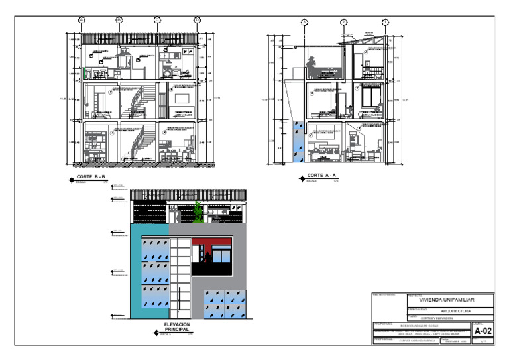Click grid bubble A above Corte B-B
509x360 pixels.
(x=82, y=21)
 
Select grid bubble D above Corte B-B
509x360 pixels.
(x=197, y=21)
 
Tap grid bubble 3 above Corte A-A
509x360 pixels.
(x=304, y=23)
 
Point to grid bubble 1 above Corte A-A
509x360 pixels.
(x=385, y=23)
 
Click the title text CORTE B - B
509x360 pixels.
(x=92, y=177)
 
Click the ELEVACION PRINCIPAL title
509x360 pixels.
(x=176, y=327)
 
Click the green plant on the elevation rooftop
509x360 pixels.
(x=198, y=213)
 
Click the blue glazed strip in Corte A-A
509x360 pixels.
(x=298, y=143)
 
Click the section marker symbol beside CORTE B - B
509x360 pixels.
(x=72, y=179)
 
